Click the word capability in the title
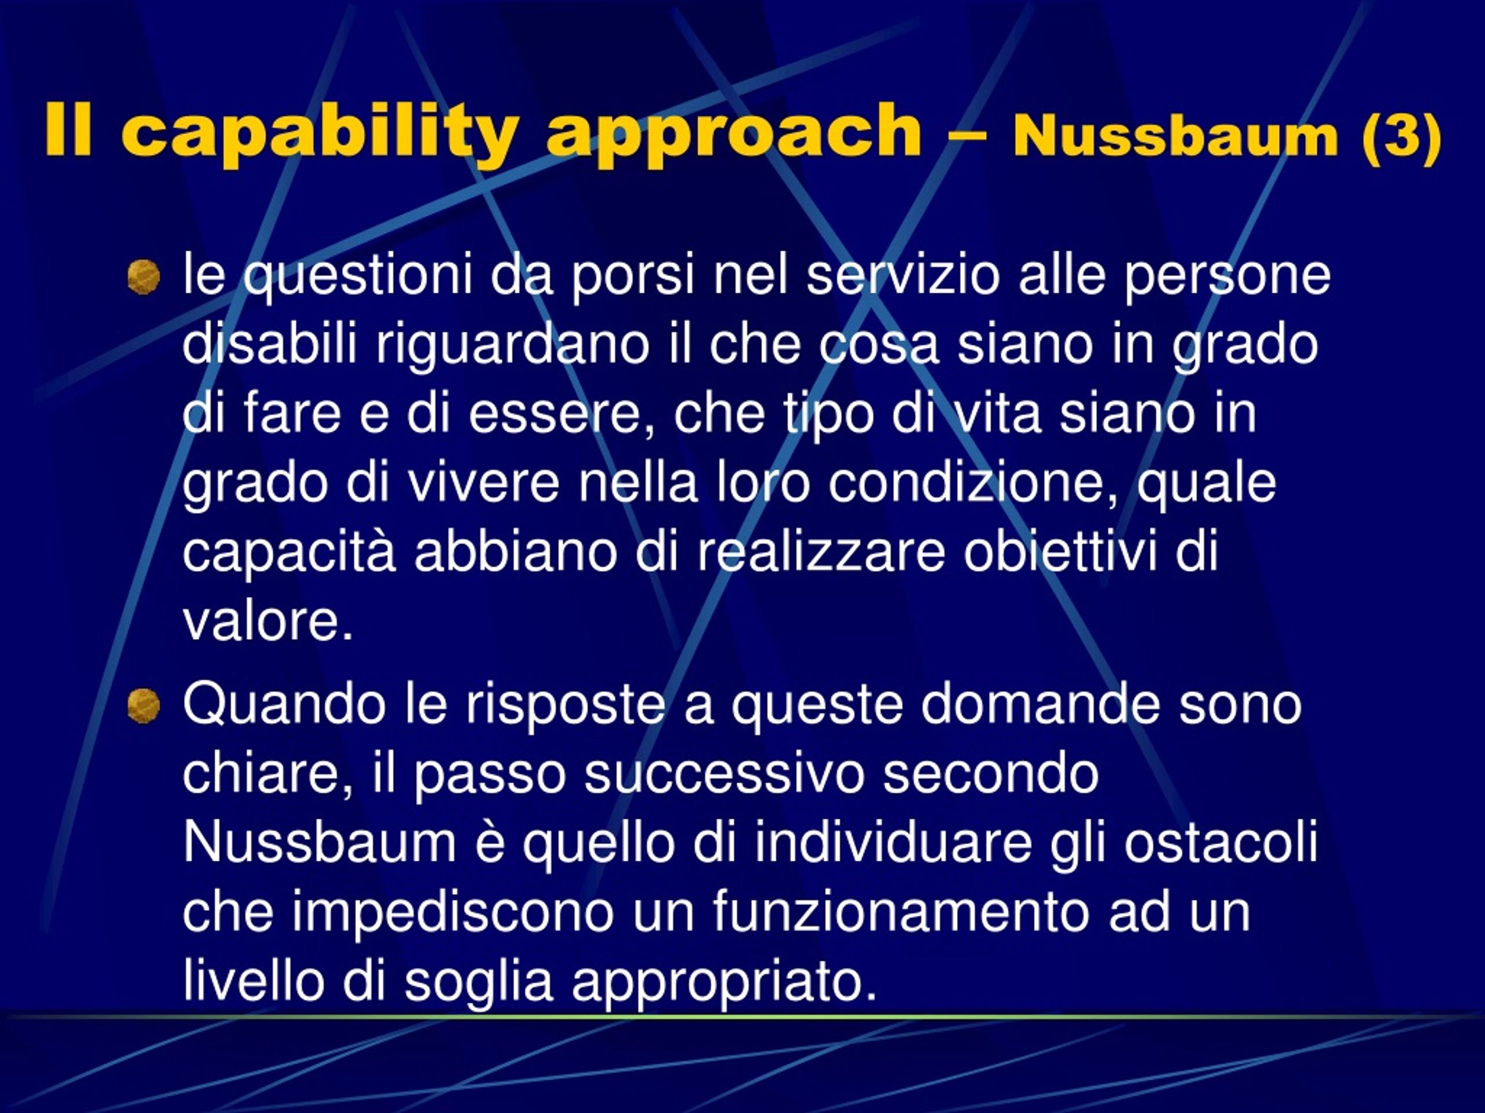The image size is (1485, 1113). point(320,132)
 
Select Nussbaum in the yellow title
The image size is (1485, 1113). point(1175,136)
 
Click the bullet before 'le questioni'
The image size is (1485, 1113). point(144,277)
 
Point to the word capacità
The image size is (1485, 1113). point(289,554)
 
